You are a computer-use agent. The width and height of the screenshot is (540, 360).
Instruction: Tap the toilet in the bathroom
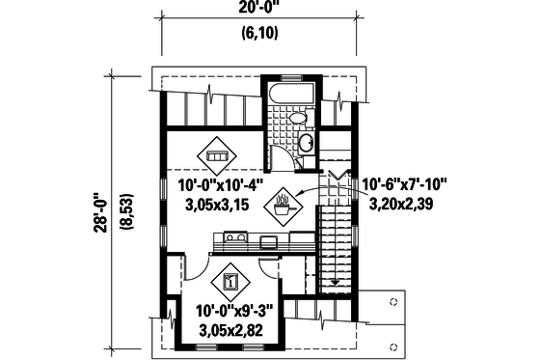click(298, 119)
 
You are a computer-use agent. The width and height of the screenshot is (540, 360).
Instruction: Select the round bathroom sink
click(306, 144)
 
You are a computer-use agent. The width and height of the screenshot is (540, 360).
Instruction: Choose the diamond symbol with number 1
click(230, 282)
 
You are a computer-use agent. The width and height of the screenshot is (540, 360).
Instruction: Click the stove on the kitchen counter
click(237, 236)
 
